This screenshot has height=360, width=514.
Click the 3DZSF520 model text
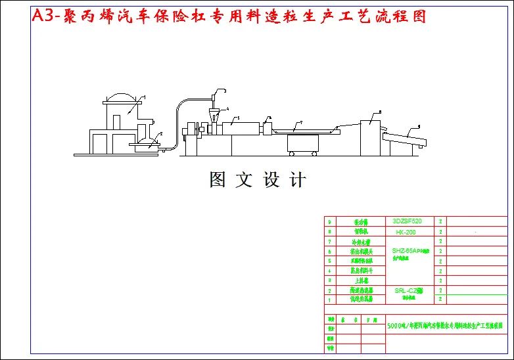(x=407, y=221)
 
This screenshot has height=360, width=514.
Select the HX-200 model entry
(x=406, y=232)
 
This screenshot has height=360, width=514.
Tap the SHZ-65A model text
(x=408, y=251)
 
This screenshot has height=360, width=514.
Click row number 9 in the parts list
(x=329, y=222)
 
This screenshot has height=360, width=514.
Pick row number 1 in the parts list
(x=329, y=299)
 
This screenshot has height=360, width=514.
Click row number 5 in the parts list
(x=329, y=261)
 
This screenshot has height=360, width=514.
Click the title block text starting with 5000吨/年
(x=444, y=325)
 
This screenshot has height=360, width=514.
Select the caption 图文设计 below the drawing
(x=258, y=179)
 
